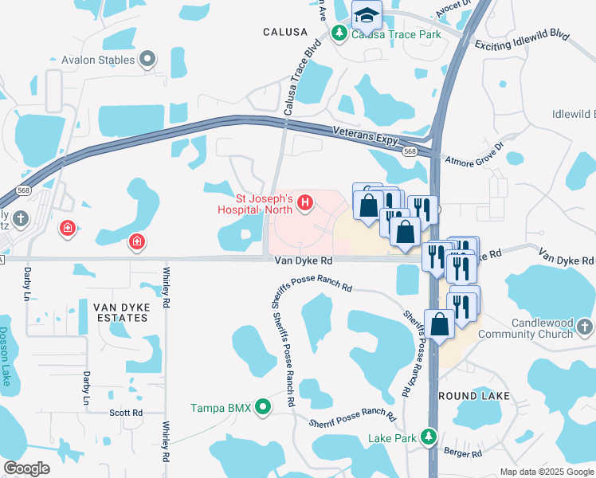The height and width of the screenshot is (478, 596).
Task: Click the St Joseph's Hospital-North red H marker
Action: tap(304, 205)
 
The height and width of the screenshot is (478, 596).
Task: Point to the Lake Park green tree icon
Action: tap(429, 437)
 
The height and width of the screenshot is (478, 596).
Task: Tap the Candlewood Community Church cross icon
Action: tap(584, 327)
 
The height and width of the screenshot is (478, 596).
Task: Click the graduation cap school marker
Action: tap(367, 15)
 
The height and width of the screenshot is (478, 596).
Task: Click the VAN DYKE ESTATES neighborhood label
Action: tap(120, 311)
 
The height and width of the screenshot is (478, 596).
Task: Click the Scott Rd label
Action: tap(126, 413)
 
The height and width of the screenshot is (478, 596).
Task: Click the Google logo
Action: tap(27, 468)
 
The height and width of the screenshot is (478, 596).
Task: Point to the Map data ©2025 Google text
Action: tap(547, 472)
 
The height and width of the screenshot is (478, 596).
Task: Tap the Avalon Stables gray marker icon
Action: tap(147, 58)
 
